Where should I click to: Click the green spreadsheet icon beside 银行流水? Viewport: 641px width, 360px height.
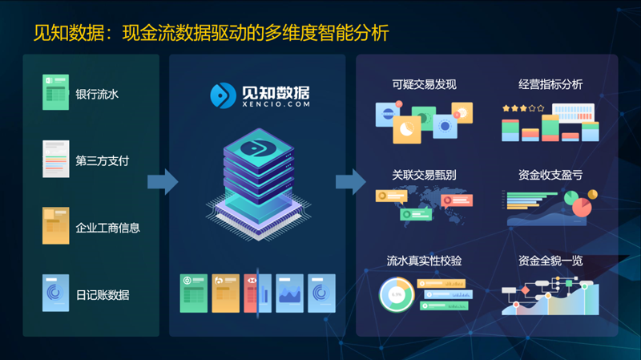click(55, 92)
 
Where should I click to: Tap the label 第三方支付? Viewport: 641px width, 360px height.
click(103, 161)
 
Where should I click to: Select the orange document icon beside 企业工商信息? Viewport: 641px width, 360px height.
click(55, 225)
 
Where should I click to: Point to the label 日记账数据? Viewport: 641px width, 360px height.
click(103, 295)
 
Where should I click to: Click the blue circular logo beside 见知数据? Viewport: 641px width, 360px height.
click(224, 95)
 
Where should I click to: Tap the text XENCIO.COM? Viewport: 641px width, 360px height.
click(276, 104)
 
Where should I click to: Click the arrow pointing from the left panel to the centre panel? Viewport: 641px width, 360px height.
click(163, 181)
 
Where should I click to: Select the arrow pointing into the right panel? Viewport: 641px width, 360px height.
click(351, 181)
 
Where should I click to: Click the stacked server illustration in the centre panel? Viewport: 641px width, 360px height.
click(258, 184)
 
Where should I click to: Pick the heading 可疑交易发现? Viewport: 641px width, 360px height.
click(425, 84)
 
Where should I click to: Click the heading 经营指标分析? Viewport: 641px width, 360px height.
click(550, 84)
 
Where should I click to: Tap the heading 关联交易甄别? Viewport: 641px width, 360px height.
click(425, 175)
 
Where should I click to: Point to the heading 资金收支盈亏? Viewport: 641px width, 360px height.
click(550, 175)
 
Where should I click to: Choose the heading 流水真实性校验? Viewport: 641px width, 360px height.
click(425, 261)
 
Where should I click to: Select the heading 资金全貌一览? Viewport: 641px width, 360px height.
click(550, 261)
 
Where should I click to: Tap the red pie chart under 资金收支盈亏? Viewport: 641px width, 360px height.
click(583, 207)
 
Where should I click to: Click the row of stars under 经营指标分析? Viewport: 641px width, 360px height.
click(524, 108)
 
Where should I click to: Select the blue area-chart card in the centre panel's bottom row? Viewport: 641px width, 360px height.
click(289, 293)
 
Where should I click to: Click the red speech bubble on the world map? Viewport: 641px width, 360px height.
click(457, 200)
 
